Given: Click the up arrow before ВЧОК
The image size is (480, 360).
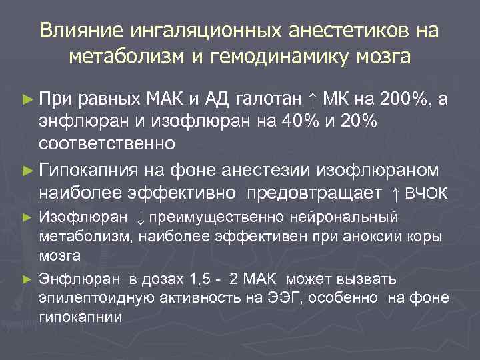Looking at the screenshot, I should point(396,194).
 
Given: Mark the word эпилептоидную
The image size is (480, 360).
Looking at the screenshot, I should point(93,297).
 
